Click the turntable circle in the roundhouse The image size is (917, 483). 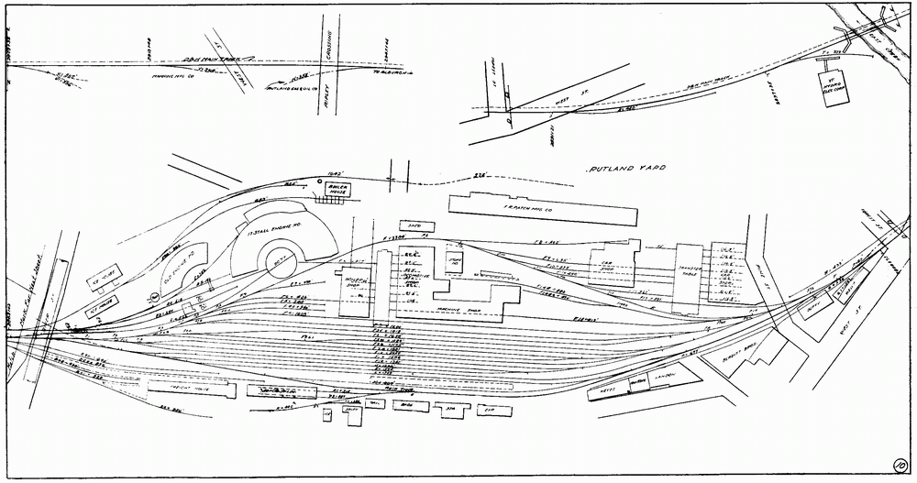(276, 265)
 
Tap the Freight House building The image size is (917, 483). (184, 387)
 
